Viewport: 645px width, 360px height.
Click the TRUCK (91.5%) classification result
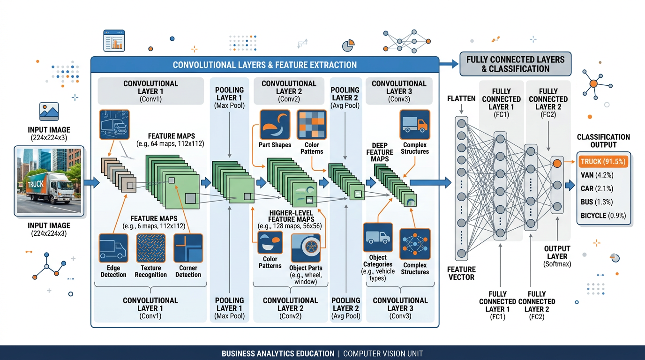[x=603, y=162]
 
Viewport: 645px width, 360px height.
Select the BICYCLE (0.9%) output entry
[x=603, y=216]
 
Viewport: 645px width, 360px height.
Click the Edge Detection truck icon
[x=113, y=248]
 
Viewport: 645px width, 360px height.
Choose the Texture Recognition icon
[x=150, y=248]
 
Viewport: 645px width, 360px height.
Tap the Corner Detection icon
[x=188, y=248]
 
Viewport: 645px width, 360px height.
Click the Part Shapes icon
[x=275, y=125]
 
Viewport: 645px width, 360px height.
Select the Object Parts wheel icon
[x=306, y=248]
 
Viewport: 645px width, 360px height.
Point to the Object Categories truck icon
[x=378, y=238]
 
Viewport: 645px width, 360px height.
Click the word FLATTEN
[x=461, y=99]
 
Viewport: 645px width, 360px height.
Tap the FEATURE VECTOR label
[x=461, y=273]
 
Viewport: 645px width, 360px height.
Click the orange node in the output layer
[x=557, y=164]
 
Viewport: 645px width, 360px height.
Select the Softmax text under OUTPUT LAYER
[x=557, y=264]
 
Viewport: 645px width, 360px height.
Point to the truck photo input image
[x=49, y=181]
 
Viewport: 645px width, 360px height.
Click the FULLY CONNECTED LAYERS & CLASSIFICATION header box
[x=515, y=64]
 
